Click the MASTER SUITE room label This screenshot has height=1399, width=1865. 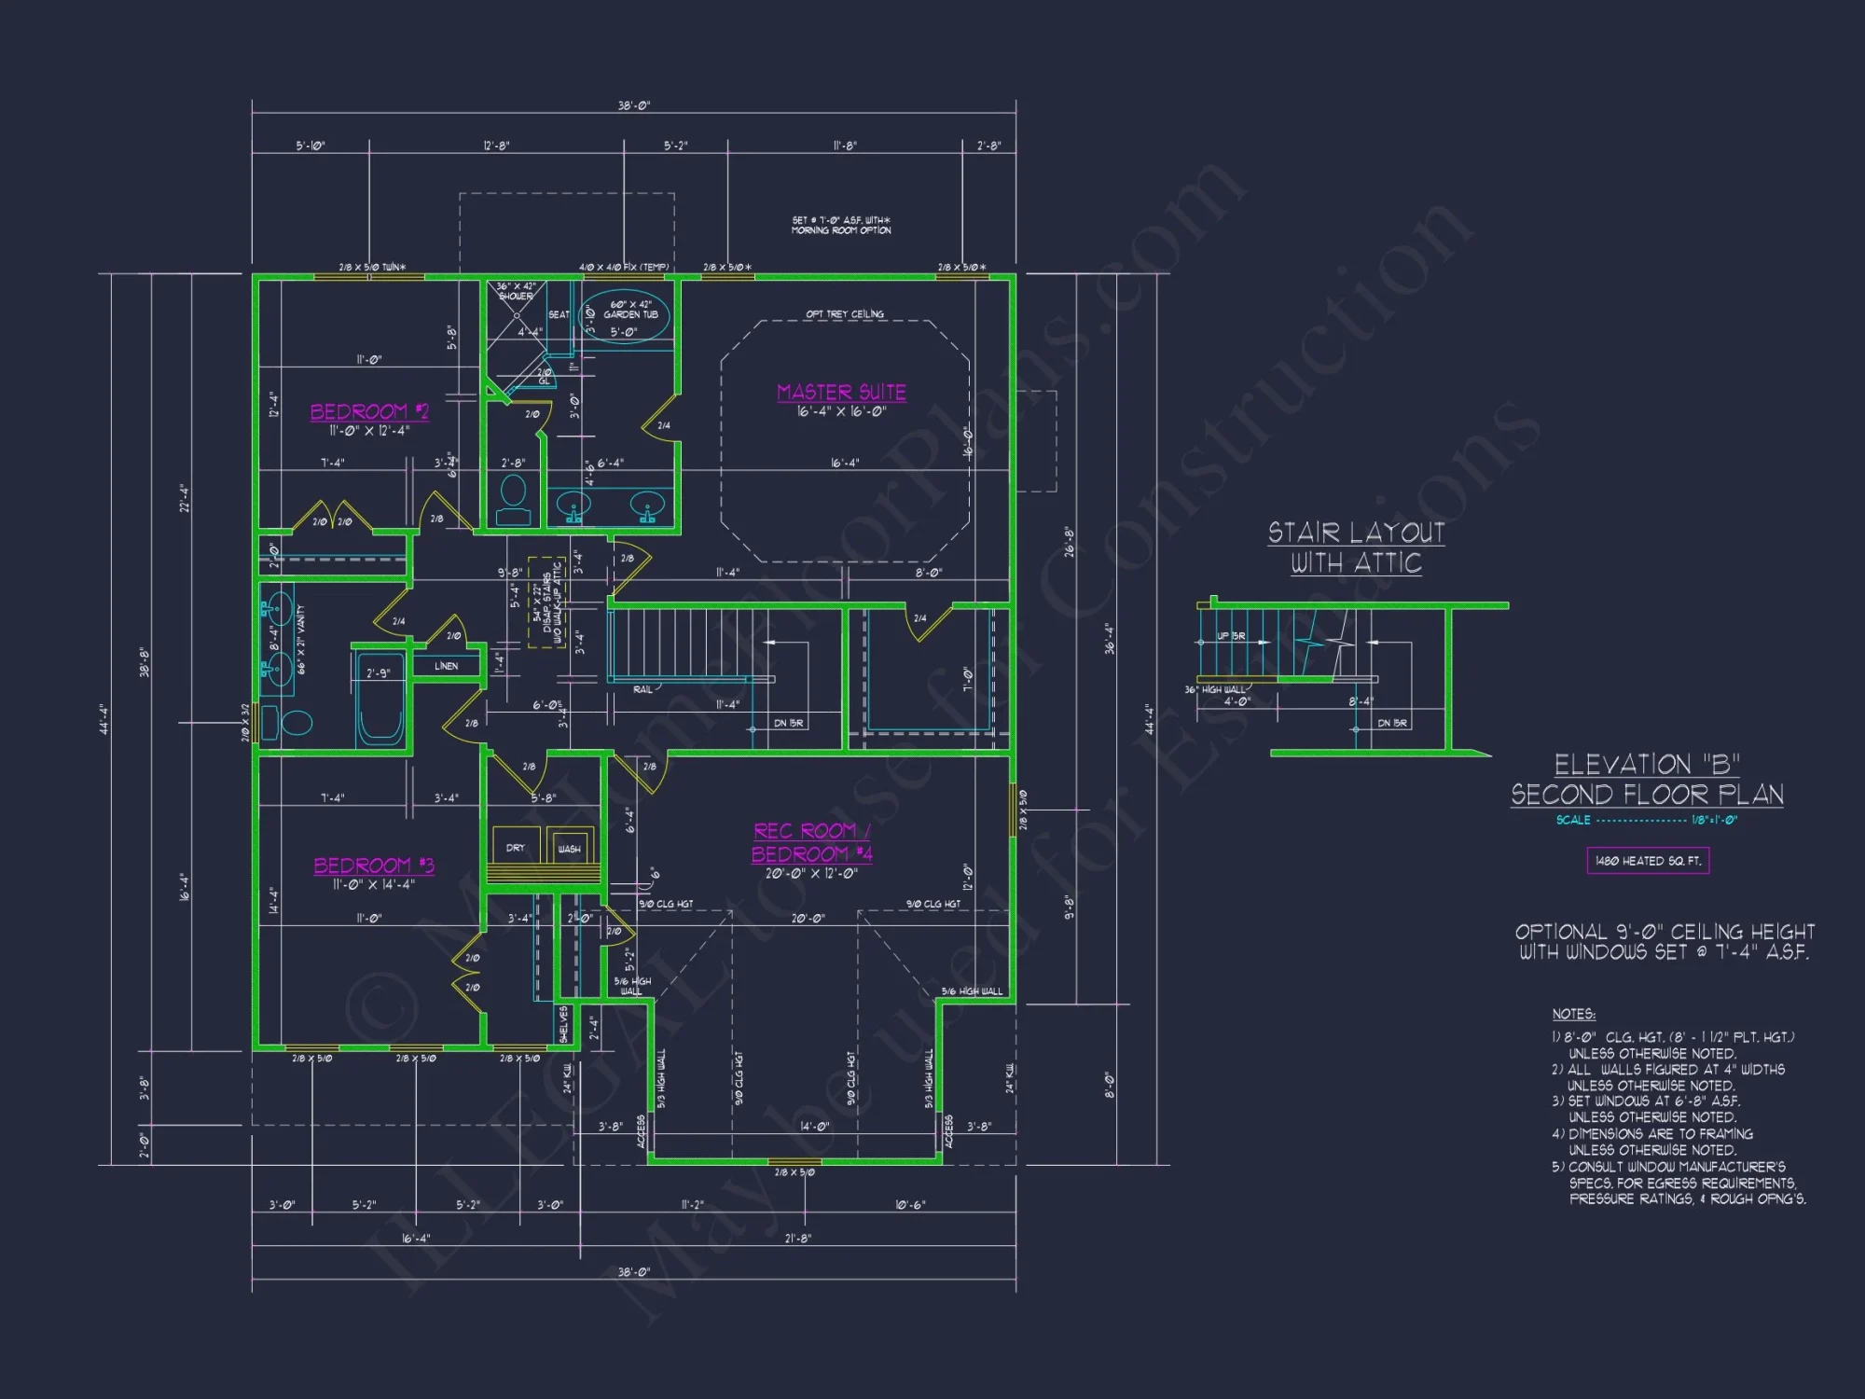pos(841,393)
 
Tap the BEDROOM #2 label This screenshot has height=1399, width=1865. pos(369,412)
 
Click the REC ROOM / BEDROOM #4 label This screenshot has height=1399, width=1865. pos(811,842)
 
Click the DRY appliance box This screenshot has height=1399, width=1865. pos(516,847)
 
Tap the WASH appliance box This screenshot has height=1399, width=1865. pos(569,848)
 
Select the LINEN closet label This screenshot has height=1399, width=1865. pos(446,666)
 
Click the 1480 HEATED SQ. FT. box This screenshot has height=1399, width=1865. pos(1648,861)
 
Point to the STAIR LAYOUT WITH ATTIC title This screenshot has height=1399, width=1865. pos(1356,548)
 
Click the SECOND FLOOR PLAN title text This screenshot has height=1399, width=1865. pos(1647,795)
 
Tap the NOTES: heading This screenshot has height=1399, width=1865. pos(1573,1014)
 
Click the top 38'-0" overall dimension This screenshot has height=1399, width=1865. pos(633,106)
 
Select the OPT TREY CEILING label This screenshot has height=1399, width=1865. pos(845,314)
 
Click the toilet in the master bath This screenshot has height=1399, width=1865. pos(514,500)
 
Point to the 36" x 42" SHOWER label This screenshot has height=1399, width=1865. pos(516,291)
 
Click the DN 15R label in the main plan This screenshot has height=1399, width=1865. pos(788,723)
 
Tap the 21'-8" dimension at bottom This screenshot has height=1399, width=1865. pos(797,1238)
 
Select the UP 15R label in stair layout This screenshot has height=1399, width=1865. pos(1230,636)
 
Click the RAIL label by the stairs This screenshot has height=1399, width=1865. pos(642,689)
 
